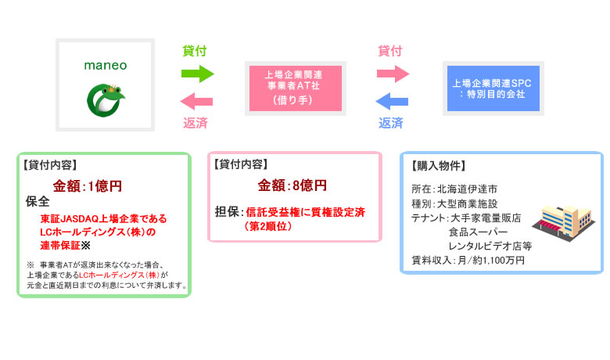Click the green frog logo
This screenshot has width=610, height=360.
click(x=105, y=97)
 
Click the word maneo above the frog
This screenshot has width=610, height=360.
click(x=106, y=66)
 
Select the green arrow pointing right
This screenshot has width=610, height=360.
click(x=197, y=74)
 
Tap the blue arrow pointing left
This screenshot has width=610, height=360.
click(x=392, y=100)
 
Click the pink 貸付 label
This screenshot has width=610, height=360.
click(x=389, y=52)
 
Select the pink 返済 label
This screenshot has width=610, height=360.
click(x=195, y=123)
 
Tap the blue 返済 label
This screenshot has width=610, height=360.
click(x=391, y=123)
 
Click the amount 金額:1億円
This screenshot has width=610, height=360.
click(x=88, y=186)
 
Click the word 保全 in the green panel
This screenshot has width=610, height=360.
click(x=38, y=202)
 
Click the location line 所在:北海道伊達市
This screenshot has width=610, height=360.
click(x=454, y=189)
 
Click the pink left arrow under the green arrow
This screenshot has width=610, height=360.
click(x=197, y=100)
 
